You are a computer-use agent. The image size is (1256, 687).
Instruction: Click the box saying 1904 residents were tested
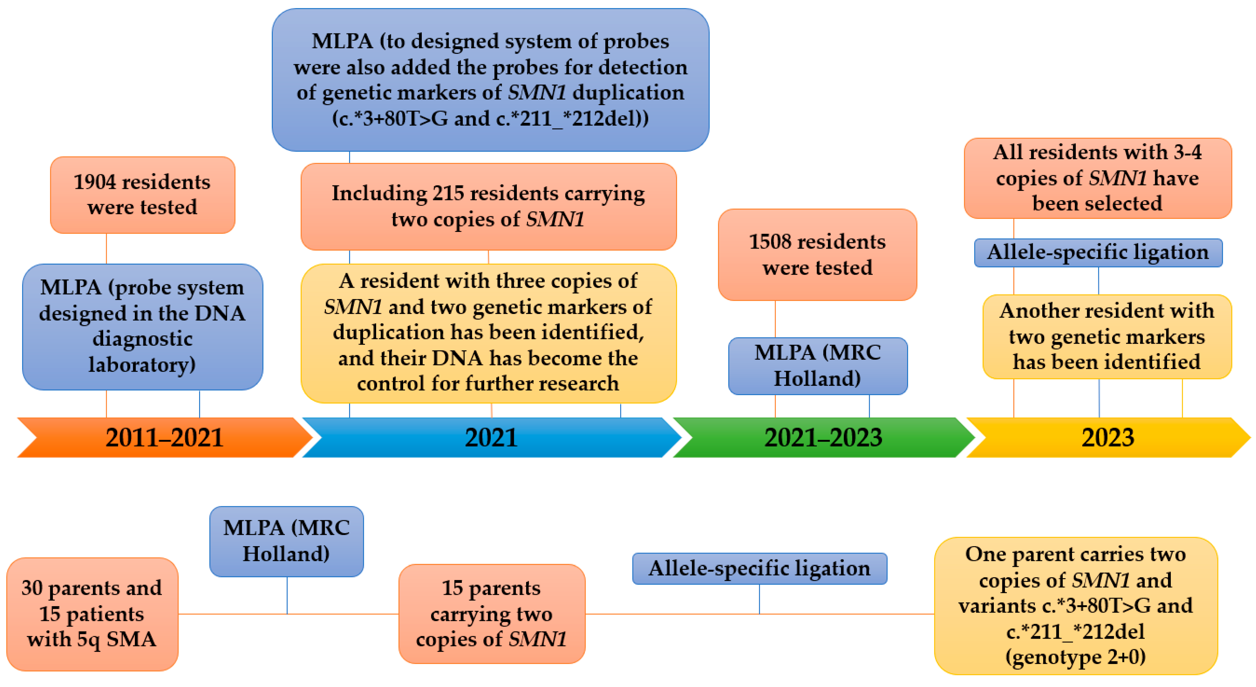[142, 195]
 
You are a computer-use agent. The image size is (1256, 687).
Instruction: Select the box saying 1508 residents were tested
[817, 255]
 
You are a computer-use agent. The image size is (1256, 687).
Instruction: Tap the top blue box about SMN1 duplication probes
[490, 79]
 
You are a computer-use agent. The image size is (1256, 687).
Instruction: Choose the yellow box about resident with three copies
[488, 333]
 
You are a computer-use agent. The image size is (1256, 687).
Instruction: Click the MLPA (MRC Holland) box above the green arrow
[818, 365]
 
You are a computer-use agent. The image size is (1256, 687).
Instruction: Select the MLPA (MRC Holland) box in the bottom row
[286, 541]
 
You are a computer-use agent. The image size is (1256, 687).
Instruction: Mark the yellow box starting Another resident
[1107, 337]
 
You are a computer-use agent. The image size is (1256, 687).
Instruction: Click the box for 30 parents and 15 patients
[92, 614]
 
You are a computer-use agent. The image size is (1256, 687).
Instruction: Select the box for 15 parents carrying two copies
[492, 614]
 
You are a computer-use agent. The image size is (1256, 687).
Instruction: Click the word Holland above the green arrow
[817, 379]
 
